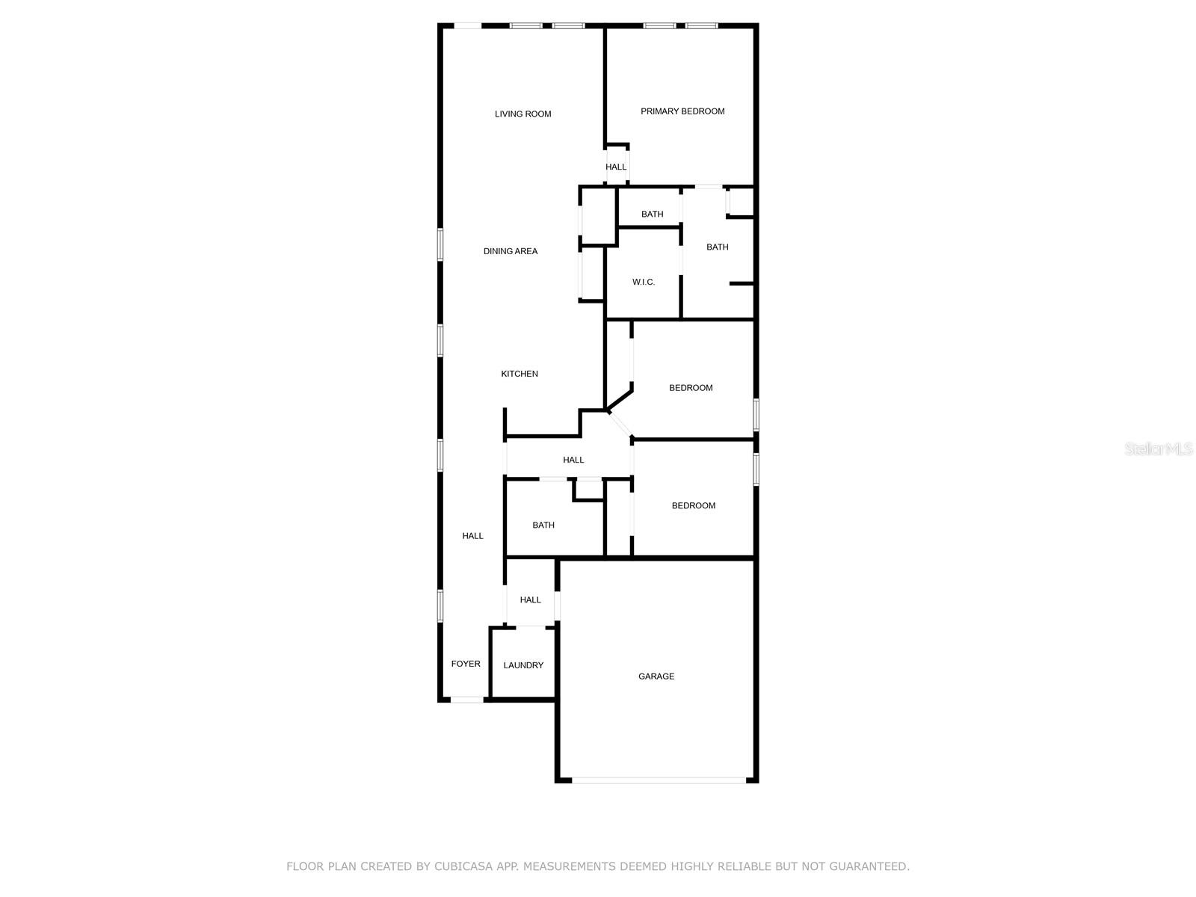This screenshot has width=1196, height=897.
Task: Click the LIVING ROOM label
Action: click(523, 114)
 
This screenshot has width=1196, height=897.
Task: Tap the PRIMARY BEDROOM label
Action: click(682, 111)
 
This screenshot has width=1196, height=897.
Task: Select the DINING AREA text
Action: click(511, 251)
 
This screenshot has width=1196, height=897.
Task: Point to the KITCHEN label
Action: click(520, 374)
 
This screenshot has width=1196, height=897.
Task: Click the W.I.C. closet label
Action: click(644, 282)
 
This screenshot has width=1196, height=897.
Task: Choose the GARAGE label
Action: click(656, 676)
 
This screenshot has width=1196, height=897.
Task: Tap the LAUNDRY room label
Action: click(523, 665)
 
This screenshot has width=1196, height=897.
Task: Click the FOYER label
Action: click(466, 664)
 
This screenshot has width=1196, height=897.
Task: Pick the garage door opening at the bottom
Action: click(659, 780)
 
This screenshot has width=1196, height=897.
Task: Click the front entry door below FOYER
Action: click(466, 700)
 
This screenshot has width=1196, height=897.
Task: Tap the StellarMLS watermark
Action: click(1159, 449)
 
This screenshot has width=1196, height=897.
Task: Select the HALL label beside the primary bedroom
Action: click(616, 167)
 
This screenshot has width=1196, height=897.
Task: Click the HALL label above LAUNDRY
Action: click(530, 599)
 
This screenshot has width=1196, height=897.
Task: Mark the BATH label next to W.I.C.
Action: click(717, 247)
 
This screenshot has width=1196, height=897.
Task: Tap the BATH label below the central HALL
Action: click(543, 525)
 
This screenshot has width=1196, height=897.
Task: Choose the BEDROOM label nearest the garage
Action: click(693, 505)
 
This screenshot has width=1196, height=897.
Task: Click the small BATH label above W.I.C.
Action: click(652, 214)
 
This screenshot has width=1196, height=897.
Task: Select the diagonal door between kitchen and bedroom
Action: click(621, 424)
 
